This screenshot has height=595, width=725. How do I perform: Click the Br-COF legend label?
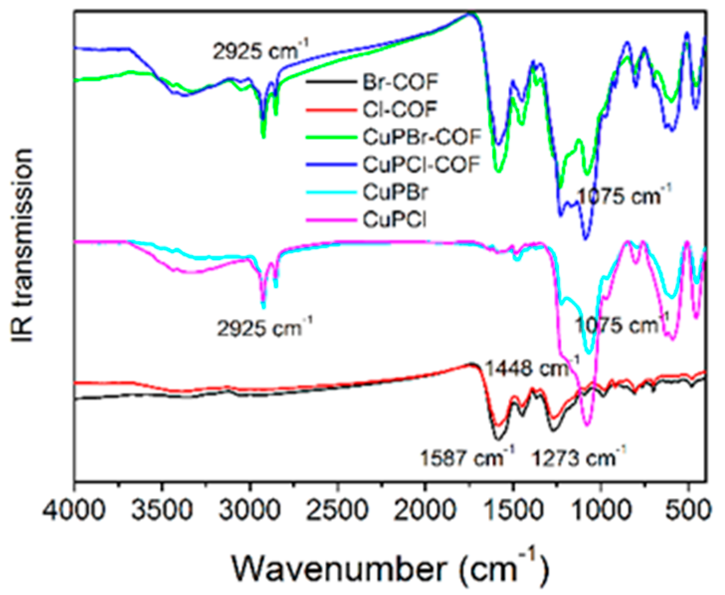click(400, 82)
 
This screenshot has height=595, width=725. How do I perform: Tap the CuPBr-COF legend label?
click(422, 137)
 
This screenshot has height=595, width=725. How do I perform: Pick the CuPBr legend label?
click(395, 192)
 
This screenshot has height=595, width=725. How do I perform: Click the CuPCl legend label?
click(394, 219)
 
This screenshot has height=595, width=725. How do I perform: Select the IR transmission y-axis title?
click(22, 245)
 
